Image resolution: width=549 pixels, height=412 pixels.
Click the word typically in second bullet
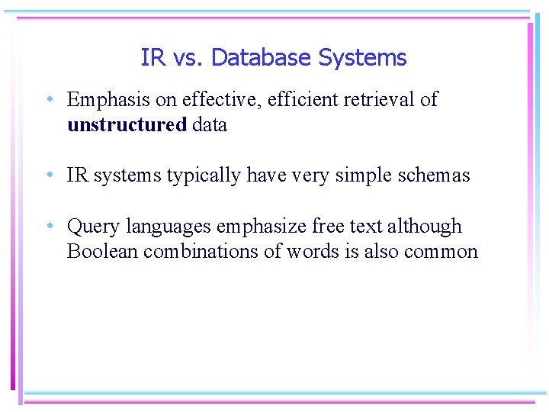[x=203, y=175]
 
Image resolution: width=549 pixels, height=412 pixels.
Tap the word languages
[x=169, y=227]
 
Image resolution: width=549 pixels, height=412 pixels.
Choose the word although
[x=425, y=227]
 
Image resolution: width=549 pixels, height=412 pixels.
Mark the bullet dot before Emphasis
[x=49, y=100]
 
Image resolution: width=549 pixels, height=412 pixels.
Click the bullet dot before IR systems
[x=49, y=175]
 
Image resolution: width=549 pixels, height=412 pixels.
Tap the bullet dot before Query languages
[x=49, y=227]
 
